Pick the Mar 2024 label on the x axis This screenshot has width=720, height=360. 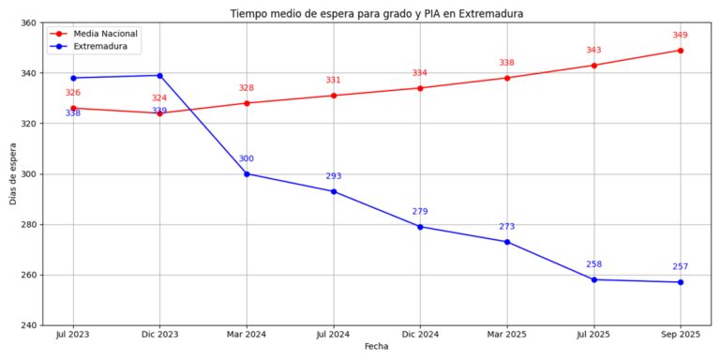pyautogui.click(x=247, y=334)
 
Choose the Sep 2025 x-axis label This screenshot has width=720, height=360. pyautogui.click(x=681, y=334)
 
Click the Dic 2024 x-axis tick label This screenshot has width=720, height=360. pyautogui.click(x=420, y=334)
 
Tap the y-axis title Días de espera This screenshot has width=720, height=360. pyautogui.click(x=12, y=173)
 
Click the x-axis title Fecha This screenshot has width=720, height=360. pyautogui.click(x=376, y=346)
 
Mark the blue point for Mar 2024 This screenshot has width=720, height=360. pyautogui.click(x=247, y=173)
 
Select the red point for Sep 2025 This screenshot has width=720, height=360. pyautogui.click(x=681, y=51)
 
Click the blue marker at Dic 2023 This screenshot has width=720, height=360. pyautogui.click(x=159, y=75)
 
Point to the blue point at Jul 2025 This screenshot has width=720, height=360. pyautogui.click(x=593, y=279)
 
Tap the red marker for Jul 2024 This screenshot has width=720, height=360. pyautogui.click(x=334, y=96)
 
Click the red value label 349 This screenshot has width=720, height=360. pyautogui.click(x=681, y=35)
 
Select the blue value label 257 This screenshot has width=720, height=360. pyautogui.click(x=681, y=266)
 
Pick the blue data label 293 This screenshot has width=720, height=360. pyautogui.click(x=334, y=176)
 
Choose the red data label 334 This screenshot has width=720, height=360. pyautogui.click(x=420, y=73)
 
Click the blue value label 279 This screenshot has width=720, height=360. pyautogui.click(x=420, y=211)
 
